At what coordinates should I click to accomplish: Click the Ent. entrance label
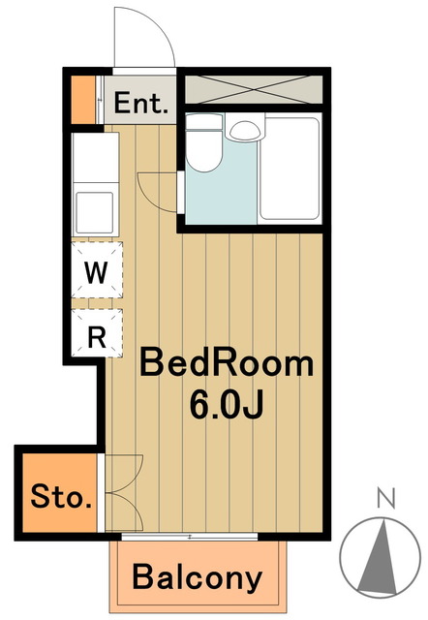[x=140, y=103]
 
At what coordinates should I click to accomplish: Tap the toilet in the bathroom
[x=203, y=142]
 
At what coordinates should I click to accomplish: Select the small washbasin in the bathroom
[x=246, y=131]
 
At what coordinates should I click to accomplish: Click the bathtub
[x=290, y=168]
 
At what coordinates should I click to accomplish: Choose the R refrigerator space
[x=96, y=334]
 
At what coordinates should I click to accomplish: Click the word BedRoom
[x=227, y=364]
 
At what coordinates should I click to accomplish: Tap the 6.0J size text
[x=226, y=405]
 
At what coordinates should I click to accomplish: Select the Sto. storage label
[x=61, y=496]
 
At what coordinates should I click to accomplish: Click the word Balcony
[x=198, y=577]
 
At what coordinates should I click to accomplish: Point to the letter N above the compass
[x=386, y=498]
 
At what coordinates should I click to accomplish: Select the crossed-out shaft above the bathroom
[x=254, y=89]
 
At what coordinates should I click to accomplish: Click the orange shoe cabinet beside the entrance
[x=83, y=100]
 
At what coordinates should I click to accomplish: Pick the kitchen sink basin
[x=95, y=212]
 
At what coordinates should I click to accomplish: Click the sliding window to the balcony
[x=190, y=537]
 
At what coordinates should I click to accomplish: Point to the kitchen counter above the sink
[x=96, y=157]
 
